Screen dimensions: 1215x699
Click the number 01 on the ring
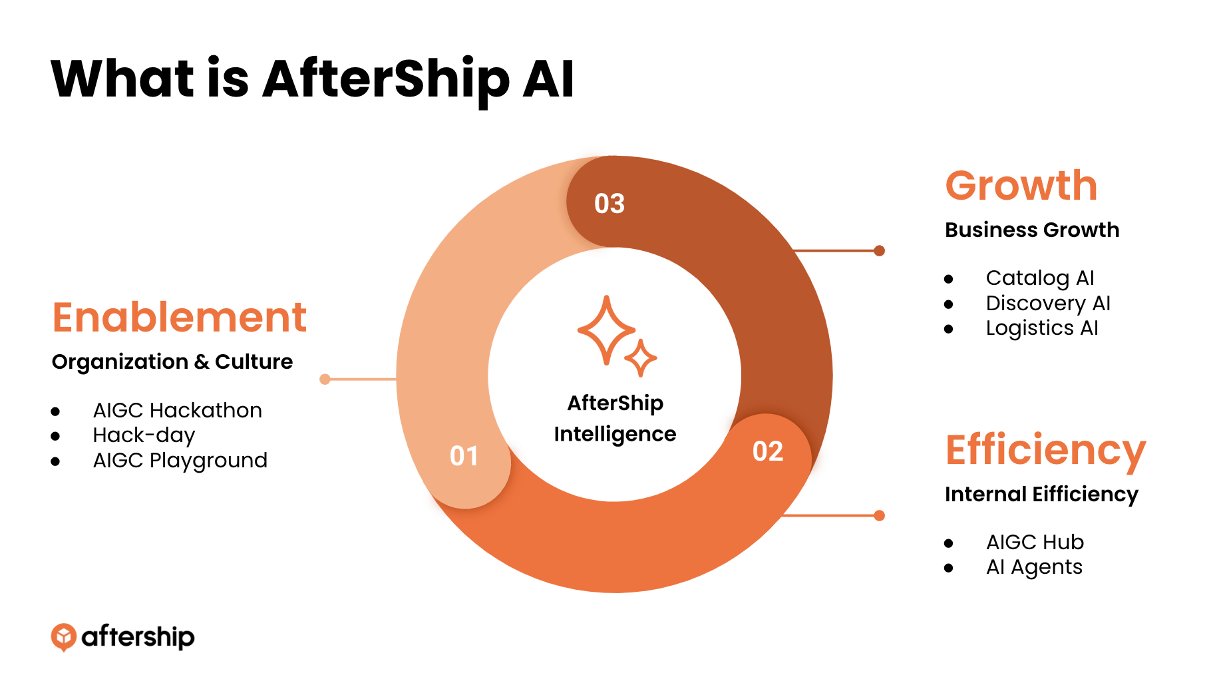click(x=464, y=456)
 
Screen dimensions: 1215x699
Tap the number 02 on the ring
click(x=768, y=451)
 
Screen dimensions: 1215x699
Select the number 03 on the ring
click(x=609, y=204)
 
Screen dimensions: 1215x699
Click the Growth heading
click(x=1021, y=185)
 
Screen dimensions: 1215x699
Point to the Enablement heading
click(x=180, y=317)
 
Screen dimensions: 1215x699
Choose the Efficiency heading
click(x=1045, y=451)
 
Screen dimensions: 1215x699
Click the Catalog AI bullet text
click(x=1040, y=278)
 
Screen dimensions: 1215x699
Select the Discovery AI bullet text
click(x=1048, y=304)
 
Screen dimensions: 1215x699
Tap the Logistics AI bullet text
click(x=1042, y=328)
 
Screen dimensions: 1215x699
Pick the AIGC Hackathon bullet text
click(x=178, y=410)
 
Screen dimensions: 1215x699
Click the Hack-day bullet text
click(x=144, y=435)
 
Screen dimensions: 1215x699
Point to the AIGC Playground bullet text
click(x=180, y=461)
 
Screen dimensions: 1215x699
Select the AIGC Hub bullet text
click(x=1035, y=542)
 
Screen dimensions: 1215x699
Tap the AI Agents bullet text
click(x=1034, y=567)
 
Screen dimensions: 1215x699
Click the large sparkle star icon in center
click(x=606, y=330)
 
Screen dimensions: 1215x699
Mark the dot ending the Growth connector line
click(x=880, y=251)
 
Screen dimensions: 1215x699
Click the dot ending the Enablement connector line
click(x=325, y=379)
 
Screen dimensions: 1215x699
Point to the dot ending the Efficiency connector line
click(x=880, y=515)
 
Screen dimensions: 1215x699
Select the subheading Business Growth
click(x=1032, y=230)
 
